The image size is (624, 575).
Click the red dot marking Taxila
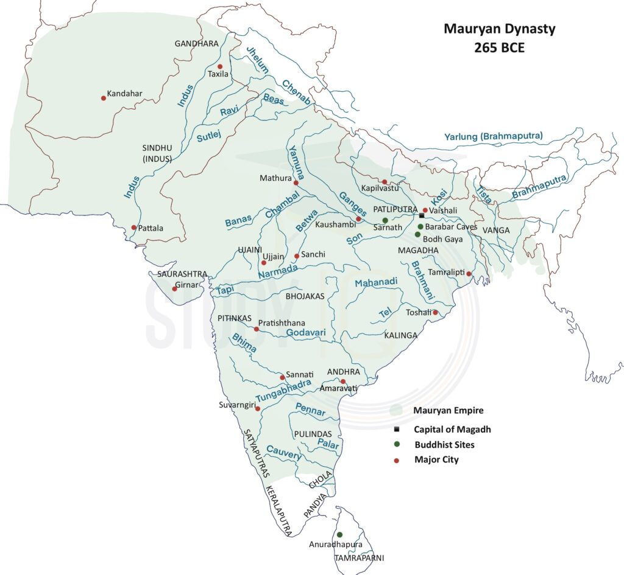(x=220, y=66)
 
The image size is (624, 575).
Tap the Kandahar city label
(x=124, y=94)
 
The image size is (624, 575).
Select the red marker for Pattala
(x=134, y=228)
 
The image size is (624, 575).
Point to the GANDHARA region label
(x=196, y=44)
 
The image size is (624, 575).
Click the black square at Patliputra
(x=421, y=215)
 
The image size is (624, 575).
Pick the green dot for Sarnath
(x=385, y=220)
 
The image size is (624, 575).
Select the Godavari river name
(x=306, y=333)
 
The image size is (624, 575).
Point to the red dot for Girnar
(x=174, y=288)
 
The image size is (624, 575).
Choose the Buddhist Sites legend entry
(x=444, y=445)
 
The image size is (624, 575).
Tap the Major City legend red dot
(x=397, y=460)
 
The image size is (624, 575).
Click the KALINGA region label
(x=400, y=335)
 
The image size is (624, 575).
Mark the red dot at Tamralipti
(x=469, y=274)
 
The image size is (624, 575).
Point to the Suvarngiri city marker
(x=258, y=409)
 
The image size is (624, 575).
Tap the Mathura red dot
(x=296, y=183)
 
